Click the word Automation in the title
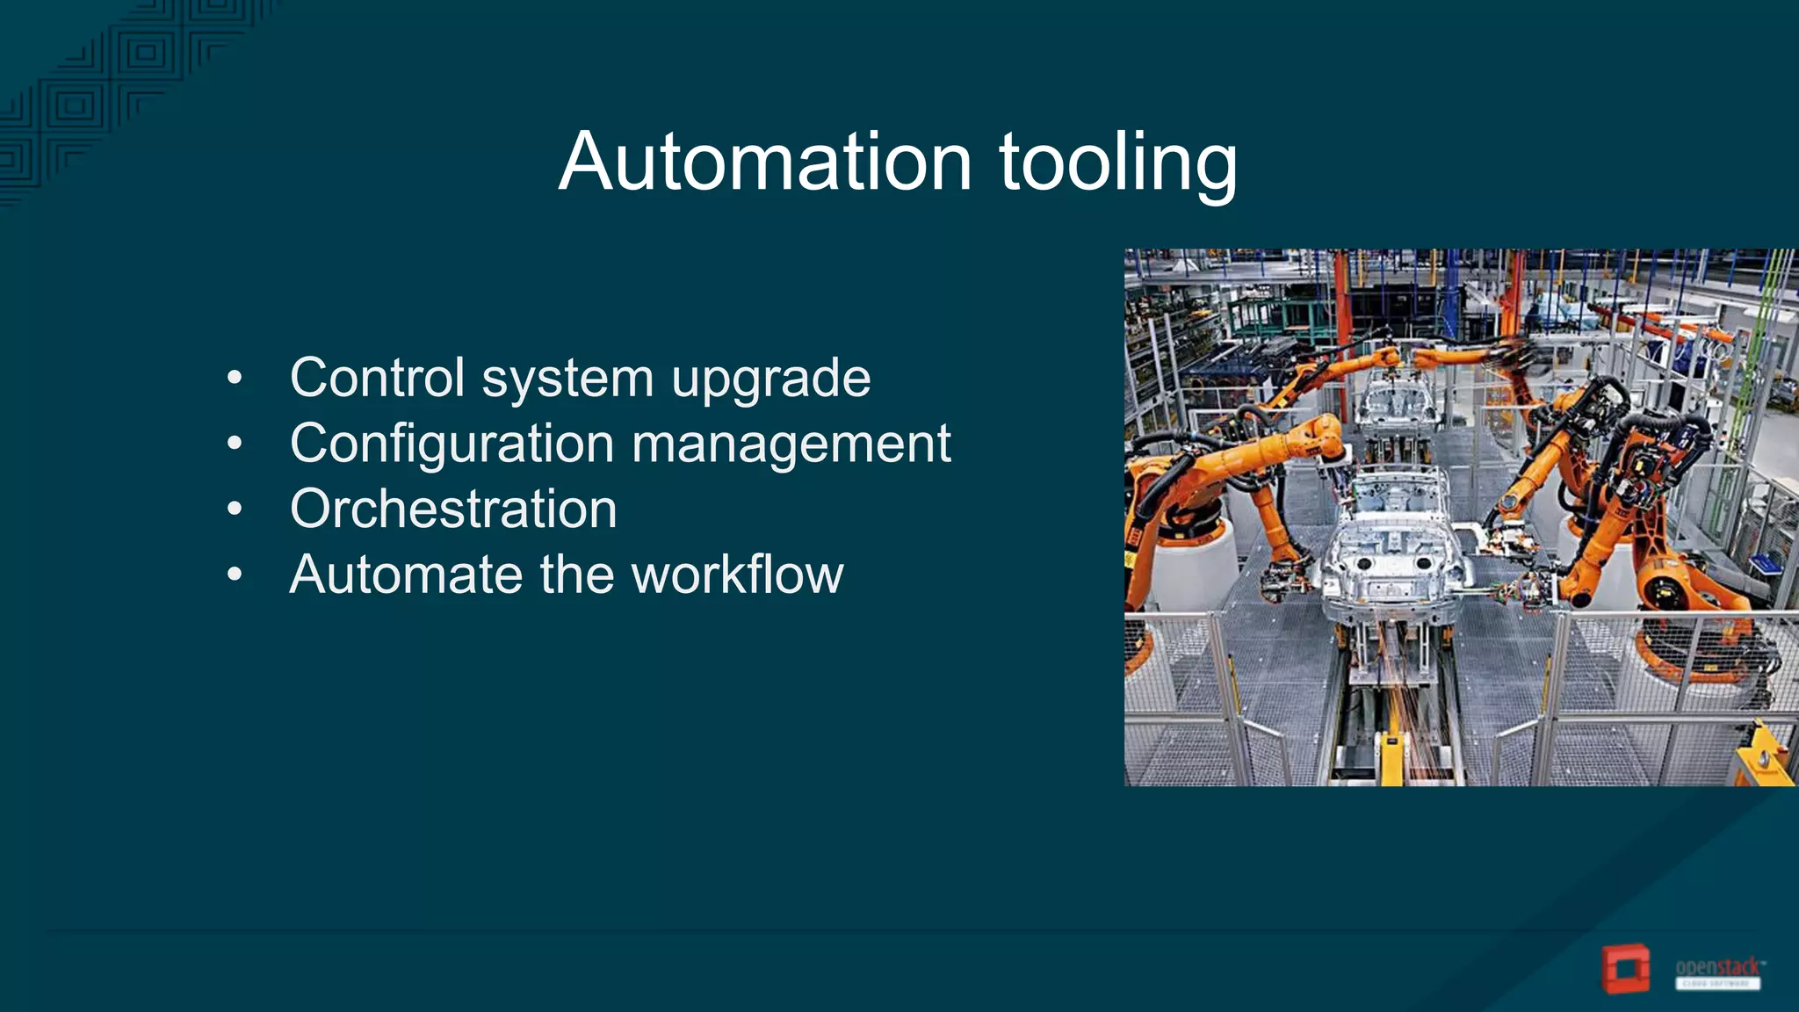click(765, 163)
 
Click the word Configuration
click(452, 445)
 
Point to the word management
click(791, 445)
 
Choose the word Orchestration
click(453, 509)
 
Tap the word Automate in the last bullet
click(406, 575)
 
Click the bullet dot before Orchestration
click(234, 510)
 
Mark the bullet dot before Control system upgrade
click(234, 379)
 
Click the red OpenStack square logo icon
click(1625, 970)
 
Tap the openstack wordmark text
click(1717, 967)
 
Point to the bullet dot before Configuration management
click(234, 445)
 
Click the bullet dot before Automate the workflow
click(234, 575)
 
